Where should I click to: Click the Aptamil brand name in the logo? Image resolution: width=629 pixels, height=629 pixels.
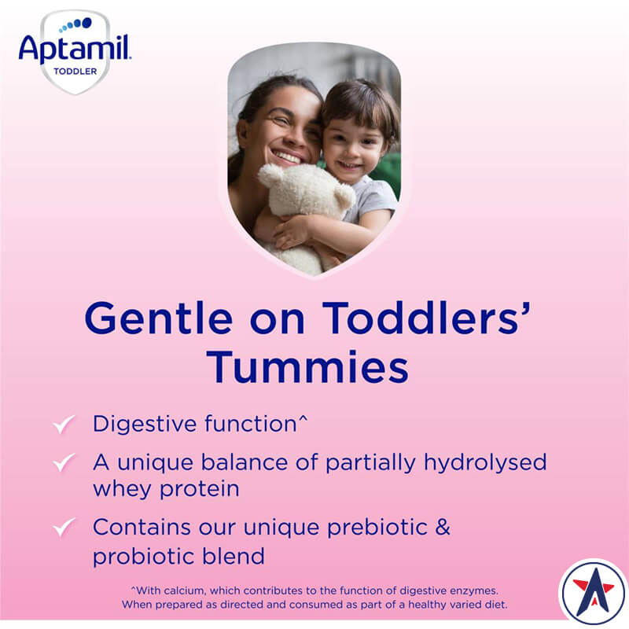pyautogui.click(x=75, y=50)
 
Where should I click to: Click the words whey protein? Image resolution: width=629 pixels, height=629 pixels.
pyautogui.click(x=166, y=489)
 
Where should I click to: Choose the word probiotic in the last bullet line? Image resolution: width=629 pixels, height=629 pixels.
pyautogui.click(x=136, y=556)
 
